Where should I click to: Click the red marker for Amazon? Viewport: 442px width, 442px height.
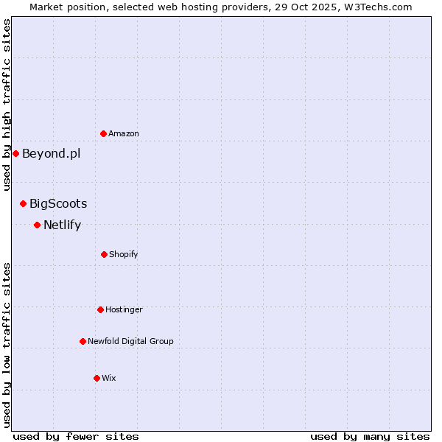click(x=103, y=133)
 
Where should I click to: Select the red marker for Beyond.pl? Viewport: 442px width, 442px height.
click(x=15, y=153)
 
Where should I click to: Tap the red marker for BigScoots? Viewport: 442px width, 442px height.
click(x=23, y=203)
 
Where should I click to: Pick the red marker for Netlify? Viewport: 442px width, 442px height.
click(x=37, y=225)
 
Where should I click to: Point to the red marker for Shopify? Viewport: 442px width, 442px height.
click(x=104, y=254)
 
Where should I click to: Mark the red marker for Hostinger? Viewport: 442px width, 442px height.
click(x=100, y=309)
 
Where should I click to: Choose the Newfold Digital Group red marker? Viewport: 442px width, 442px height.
click(x=83, y=341)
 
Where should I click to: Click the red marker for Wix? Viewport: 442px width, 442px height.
click(x=97, y=378)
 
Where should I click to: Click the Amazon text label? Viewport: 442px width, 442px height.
click(x=124, y=134)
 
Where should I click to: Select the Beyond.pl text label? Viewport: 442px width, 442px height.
click(x=51, y=154)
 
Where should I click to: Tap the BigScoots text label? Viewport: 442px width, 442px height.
click(x=58, y=204)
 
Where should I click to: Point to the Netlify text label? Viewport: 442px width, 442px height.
click(x=62, y=225)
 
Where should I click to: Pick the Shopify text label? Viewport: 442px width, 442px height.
click(x=124, y=255)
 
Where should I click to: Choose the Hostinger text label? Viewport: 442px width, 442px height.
click(x=124, y=310)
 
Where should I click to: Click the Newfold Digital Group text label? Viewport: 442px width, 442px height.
click(x=130, y=342)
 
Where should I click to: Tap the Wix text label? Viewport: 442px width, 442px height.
click(x=109, y=379)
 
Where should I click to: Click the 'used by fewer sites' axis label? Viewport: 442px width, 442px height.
click(x=76, y=436)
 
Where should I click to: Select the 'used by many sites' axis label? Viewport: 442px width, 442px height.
click(x=370, y=436)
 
